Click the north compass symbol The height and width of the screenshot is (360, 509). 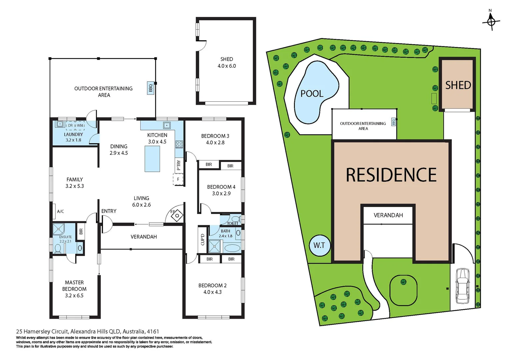[491, 22]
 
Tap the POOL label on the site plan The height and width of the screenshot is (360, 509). [312, 94]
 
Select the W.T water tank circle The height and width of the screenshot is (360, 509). [319, 246]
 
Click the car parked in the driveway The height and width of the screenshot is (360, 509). [462, 286]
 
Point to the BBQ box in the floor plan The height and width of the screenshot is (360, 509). [151, 88]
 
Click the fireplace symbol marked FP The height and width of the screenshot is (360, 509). [177, 215]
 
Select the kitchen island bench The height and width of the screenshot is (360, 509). [152, 159]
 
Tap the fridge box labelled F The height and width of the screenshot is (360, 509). [178, 179]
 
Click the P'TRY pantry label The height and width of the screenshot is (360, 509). [179, 165]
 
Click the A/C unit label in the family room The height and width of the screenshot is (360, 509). [60, 211]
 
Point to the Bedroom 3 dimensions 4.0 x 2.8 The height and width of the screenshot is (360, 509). [215, 143]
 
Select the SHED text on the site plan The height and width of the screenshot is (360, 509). [458, 85]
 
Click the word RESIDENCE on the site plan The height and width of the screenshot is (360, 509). [391, 175]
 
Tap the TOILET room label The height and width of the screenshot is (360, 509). [233, 223]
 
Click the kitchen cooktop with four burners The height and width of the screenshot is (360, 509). [179, 144]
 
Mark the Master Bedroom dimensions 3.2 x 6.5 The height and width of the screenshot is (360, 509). [74, 296]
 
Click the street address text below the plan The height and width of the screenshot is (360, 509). [88, 332]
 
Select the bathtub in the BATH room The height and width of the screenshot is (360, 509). [232, 248]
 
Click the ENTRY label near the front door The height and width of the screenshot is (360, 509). [109, 211]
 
